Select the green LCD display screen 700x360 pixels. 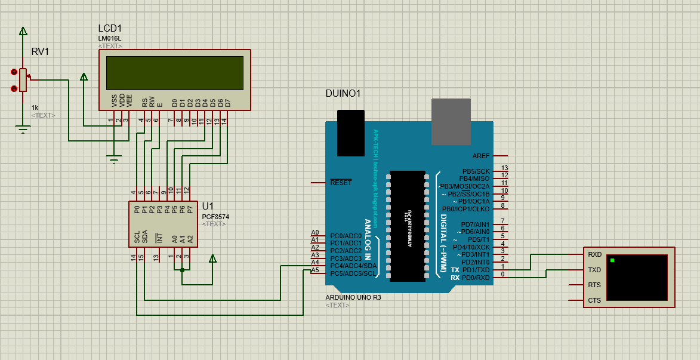pyautogui.click(x=175, y=72)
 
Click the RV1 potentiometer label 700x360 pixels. pyautogui.click(x=40, y=51)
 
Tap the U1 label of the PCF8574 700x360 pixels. pyautogui.click(x=208, y=206)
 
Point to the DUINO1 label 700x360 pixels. pyautogui.click(x=343, y=94)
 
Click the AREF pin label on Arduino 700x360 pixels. pyautogui.click(x=480, y=156)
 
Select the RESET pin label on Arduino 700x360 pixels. pyautogui.click(x=341, y=183)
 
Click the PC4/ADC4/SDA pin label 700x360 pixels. pyautogui.click(x=353, y=266)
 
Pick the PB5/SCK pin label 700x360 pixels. pyautogui.click(x=476, y=171)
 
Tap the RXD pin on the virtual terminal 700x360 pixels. pyautogui.click(x=594, y=254)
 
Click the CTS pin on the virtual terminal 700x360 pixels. pyautogui.click(x=594, y=300)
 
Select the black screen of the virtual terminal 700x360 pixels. pyautogui.click(x=637, y=278)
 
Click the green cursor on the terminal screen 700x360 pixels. pyautogui.click(x=612, y=260)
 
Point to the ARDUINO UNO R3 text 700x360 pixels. pyautogui.click(x=353, y=297)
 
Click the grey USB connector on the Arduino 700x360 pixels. pyautogui.click(x=451, y=122)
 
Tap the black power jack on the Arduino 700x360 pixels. pyautogui.click(x=350, y=133)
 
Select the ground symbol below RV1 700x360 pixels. pyautogui.click(x=23, y=129)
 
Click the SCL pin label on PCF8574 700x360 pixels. pyautogui.click(x=137, y=237)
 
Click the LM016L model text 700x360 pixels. pyautogui.click(x=110, y=39)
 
